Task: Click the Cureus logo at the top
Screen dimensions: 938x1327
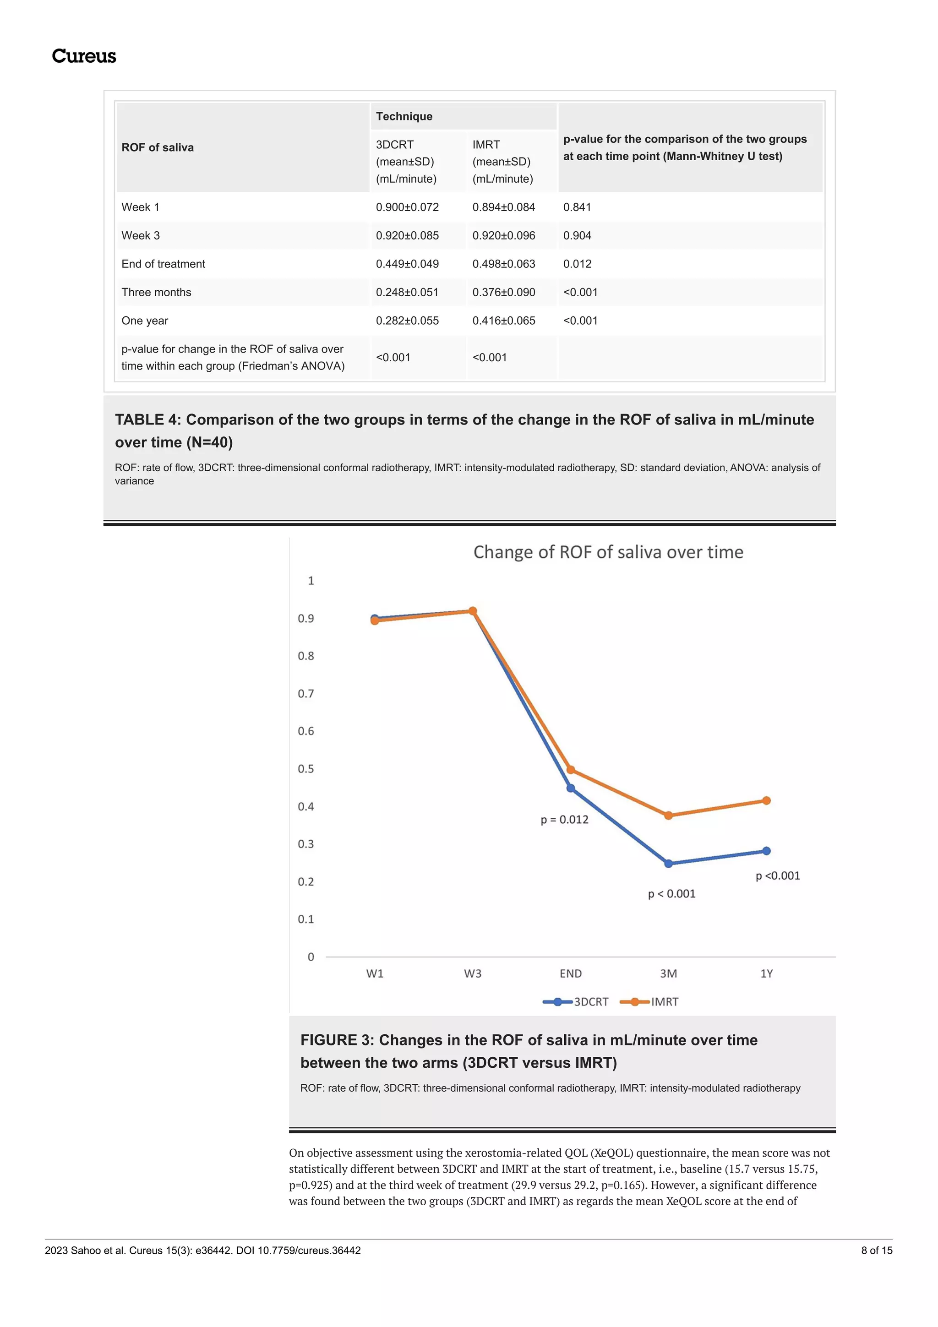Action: coord(84,56)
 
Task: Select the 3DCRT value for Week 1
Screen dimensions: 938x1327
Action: coord(408,207)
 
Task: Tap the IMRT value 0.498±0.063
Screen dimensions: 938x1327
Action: coord(504,264)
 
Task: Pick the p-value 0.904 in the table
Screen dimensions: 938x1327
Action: coord(578,235)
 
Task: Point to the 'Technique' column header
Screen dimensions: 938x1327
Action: coord(404,116)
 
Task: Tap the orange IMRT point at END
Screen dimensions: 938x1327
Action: coord(570,770)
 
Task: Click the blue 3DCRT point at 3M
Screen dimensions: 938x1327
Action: coord(669,864)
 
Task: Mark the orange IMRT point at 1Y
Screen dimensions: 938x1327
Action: coord(766,800)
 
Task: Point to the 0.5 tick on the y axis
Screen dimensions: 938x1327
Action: coord(306,769)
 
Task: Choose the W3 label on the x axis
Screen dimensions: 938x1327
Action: coord(473,973)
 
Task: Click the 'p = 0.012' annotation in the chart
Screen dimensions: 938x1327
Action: coord(565,820)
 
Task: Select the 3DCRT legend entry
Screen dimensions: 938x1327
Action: coord(576,1001)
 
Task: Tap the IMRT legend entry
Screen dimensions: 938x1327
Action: coord(649,1001)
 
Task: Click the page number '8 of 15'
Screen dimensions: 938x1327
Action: coord(877,1250)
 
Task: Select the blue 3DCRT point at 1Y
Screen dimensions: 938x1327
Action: coord(766,851)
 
